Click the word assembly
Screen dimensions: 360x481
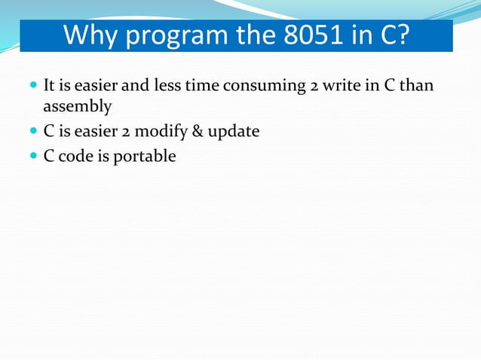(77, 107)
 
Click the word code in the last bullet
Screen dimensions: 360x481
(74, 156)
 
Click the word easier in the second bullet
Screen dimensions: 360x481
(89, 132)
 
